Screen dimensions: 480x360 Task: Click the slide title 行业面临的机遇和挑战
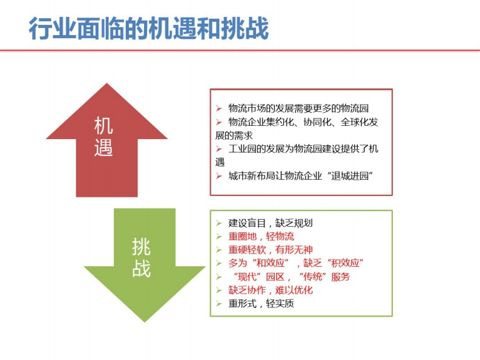tap(149, 28)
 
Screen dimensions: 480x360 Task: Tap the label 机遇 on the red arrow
tap(104, 137)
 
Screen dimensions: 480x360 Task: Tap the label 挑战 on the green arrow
tap(141, 258)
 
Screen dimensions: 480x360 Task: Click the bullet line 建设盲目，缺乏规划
tap(271, 223)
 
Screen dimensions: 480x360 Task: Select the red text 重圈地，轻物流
tap(261, 237)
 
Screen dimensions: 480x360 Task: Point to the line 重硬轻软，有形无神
tap(271, 250)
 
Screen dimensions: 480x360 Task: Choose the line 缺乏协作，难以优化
tap(271, 290)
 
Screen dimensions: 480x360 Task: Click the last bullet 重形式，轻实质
tap(261, 303)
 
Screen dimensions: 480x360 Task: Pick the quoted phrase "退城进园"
tap(350, 175)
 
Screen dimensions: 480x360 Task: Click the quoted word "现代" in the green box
tap(247, 277)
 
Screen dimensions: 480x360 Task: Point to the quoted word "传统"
tap(312, 277)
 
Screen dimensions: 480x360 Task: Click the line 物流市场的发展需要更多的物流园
tap(298, 108)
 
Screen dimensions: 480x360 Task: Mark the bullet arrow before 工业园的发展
tap(219, 149)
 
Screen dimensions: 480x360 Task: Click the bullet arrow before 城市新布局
tap(219, 175)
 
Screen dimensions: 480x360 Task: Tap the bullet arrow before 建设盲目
tap(219, 223)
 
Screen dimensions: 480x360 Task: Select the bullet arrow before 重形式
tap(219, 303)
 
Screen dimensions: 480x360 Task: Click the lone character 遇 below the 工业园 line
tap(220, 162)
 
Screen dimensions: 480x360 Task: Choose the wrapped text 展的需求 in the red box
tap(234, 136)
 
